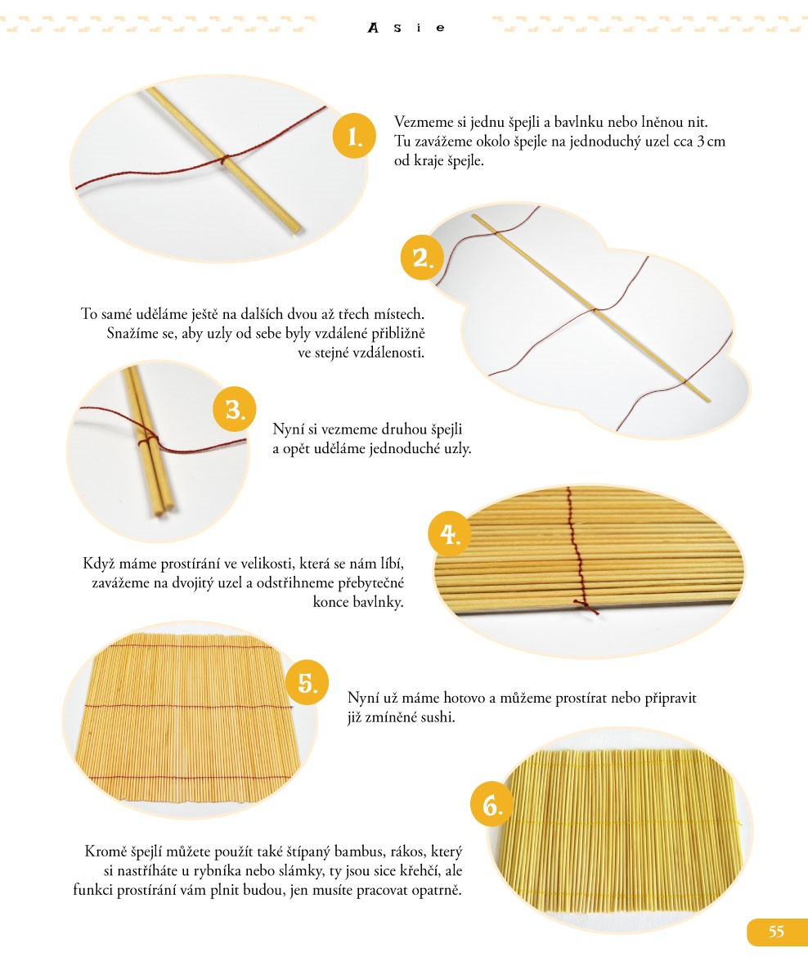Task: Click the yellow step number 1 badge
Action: click(x=354, y=136)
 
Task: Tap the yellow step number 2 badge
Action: click(x=422, y=258)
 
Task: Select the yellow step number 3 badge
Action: click(x=234, y=409)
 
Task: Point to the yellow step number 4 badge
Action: click(x=450, y=533)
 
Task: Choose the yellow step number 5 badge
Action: click(x=307, y=682)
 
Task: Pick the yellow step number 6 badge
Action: click(x=492, y=805)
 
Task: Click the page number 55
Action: click(x=776, y=932)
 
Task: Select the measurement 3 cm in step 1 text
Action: click(x=711, y=141)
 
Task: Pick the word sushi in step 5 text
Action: click(x=438, y=717)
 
